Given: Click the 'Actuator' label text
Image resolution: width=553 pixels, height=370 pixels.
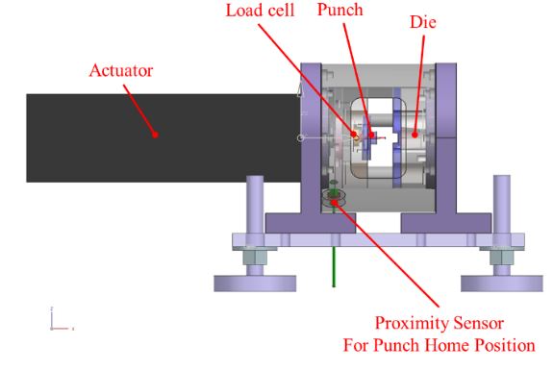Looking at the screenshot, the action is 120,70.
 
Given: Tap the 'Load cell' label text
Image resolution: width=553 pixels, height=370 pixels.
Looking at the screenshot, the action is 260,10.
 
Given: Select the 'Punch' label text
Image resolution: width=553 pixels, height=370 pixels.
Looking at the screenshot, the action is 340,10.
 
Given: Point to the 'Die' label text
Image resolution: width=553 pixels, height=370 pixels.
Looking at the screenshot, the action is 423,22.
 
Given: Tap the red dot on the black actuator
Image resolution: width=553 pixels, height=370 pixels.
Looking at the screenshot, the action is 155,135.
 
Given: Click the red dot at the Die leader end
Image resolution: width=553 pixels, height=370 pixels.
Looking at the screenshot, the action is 415,135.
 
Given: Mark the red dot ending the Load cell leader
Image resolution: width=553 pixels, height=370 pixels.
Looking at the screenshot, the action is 353,134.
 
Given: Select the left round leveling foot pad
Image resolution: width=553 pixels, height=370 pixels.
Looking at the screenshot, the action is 255,284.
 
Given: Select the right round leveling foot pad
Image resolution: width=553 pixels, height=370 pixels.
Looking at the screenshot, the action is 501,284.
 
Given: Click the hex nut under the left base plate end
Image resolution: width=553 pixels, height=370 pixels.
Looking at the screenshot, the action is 255,258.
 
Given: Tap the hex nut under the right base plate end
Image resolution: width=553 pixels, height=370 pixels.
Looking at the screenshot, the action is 501,258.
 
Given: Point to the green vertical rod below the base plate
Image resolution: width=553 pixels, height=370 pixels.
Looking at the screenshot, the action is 334,267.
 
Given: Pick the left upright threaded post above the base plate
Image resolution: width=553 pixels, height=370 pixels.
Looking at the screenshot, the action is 255,205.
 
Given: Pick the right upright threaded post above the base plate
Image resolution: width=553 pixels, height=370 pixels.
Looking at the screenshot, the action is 501,205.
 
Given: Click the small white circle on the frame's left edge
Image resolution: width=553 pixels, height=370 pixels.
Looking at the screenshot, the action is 300,137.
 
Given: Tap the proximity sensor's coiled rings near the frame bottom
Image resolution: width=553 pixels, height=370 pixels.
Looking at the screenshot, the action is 334,197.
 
